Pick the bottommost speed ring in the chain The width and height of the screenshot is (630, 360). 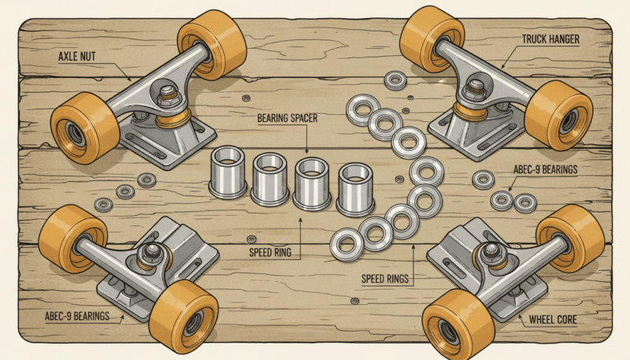[345, 245]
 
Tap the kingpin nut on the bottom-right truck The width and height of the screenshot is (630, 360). [491, 251]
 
